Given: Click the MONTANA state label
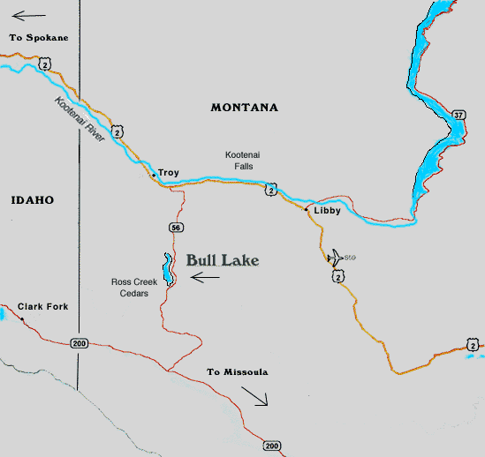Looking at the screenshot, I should pyautogui.click(x=244, y=108).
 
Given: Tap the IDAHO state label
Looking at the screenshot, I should pyautogui.click(x=33, y=200).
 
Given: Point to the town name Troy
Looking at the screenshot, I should pyautogui.click(x=168, y=173).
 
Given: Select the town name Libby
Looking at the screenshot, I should pyautogui.click(x=327, y=211).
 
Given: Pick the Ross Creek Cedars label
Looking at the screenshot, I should pyautogui.click(x=133, y=288).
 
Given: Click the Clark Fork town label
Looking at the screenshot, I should pyautogui.click(x=42, y=307).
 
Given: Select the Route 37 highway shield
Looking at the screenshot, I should pyautogui.click(x=457, y=115).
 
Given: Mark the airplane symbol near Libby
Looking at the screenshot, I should pyautogui.click(x=335, y=258).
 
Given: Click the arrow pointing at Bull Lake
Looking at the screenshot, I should pyautogui.click(x=205, y=278).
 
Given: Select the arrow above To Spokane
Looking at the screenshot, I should pyautogui.click(x=26, y=15).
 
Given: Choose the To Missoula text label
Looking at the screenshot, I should pyautogui.click(x=237, y=372).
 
